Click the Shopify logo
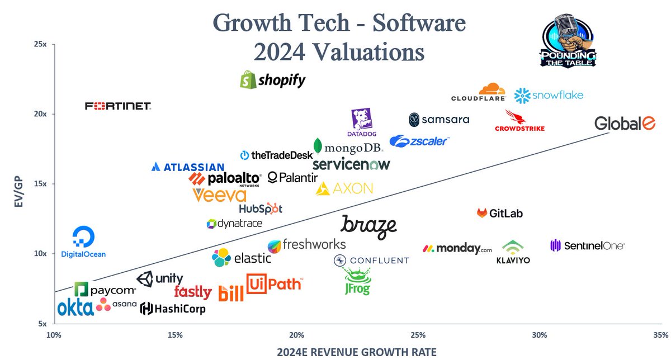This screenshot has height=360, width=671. [273, 80]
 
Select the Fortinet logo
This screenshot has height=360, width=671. [117, 106]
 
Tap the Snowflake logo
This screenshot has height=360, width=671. [549, 96]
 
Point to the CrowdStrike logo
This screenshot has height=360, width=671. [519, 121]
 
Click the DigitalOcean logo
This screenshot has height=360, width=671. [83, 243]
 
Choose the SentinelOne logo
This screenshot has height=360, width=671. [587, 245]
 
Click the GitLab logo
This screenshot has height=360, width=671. [500, 213]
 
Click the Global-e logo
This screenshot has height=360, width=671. [625, 124]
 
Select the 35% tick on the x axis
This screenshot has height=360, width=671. [660, 335]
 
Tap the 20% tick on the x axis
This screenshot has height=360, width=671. [296, 335]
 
